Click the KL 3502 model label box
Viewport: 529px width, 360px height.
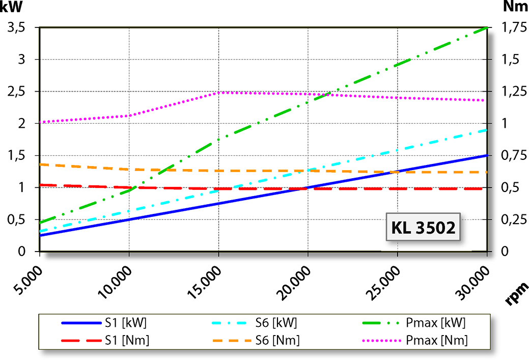[423, 228]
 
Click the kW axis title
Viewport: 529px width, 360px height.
[11, 7]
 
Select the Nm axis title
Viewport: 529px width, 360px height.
[515, 7]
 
